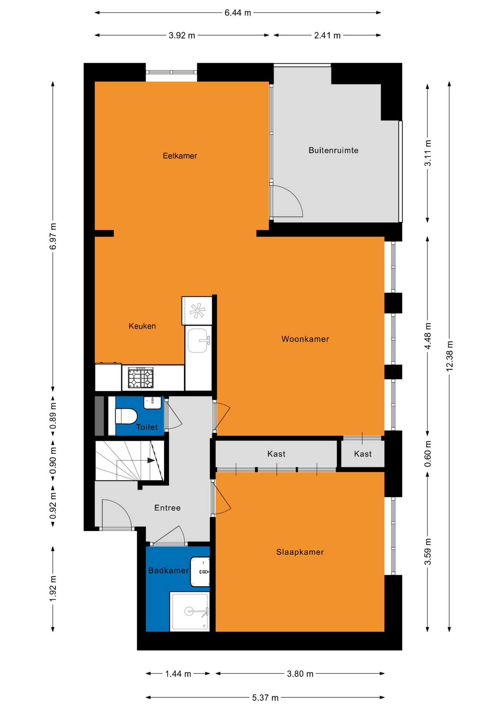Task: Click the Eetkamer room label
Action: (180, 156)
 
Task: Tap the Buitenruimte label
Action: (333, 150)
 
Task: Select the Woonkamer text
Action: (305, 339)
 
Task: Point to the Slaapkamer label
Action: (300, 552)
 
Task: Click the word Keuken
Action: (142, 326)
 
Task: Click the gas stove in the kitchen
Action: (141, 378)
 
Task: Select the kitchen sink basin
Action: (198, 341)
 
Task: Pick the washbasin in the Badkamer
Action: (200, 572)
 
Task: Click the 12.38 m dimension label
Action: (449, 356)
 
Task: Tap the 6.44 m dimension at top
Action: (238, 13)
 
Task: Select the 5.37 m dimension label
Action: (265, 697)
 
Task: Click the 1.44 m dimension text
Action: (178, 673)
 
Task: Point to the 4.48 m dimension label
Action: (428, 336)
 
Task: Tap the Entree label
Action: (167, 508)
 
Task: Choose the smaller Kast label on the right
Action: (363, 454)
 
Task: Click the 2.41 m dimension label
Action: (327, 35)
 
